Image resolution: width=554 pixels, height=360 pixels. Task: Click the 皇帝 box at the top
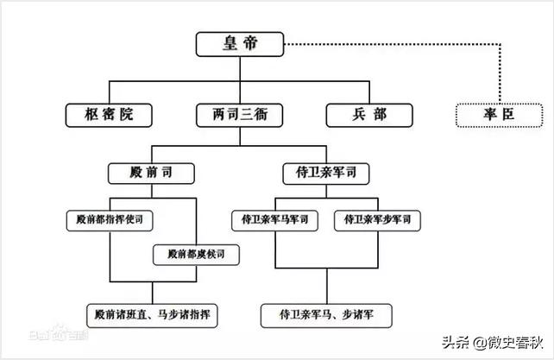click(241, 44)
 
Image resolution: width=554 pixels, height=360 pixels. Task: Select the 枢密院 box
click(109, 114)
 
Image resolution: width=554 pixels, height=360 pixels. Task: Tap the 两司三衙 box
click(241, 114)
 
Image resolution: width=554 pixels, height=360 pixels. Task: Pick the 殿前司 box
click(149, 173)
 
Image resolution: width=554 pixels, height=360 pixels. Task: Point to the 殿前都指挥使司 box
click(109, 220)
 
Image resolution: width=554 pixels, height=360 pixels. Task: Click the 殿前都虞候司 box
click(196, 255)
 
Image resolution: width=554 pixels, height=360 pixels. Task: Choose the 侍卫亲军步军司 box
click(377, 220)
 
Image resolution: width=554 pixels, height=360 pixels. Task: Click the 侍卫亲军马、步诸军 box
click(326, 313)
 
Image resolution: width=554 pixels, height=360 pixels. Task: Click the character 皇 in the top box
click(228, 44)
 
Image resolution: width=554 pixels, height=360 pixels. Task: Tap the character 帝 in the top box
click(254, 44)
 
